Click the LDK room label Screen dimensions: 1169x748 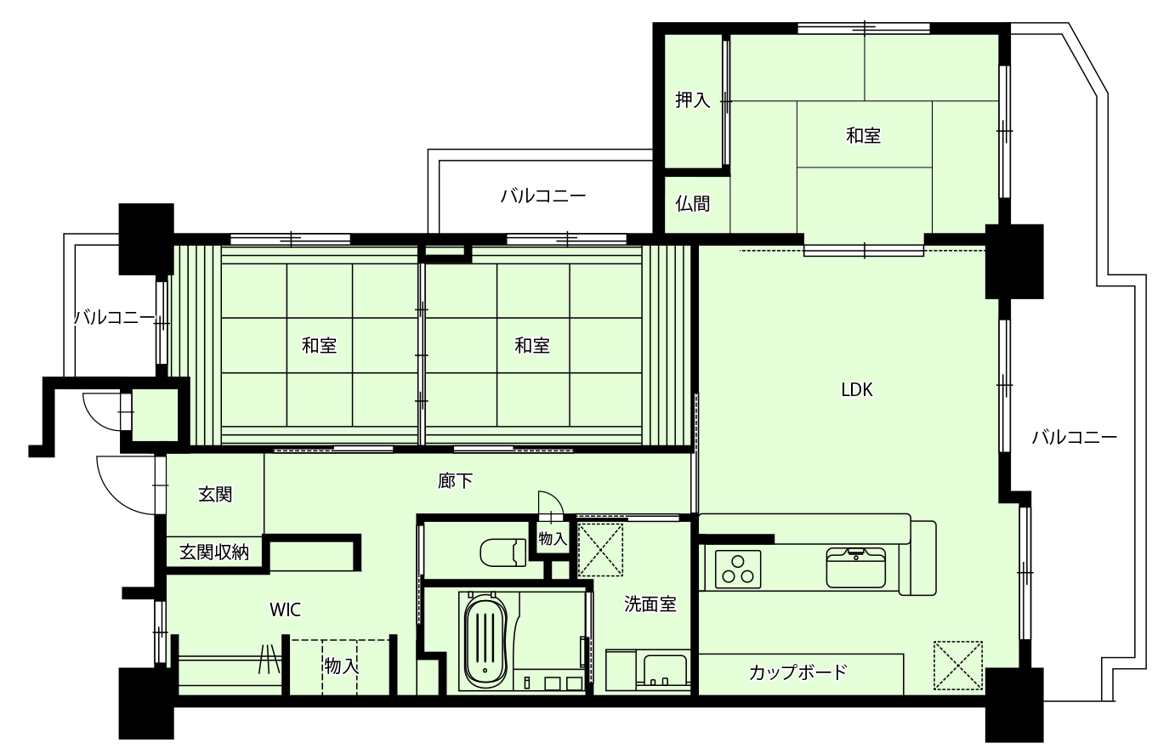tap(856, 389)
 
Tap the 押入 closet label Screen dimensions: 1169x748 tap(693, 99)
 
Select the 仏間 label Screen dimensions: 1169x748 tap(693, 203)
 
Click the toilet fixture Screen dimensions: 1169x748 tap(503, 552)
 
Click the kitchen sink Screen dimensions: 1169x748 tap(856, 567)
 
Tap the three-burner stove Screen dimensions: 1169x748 tap(737, 569)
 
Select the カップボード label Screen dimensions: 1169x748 tap(797, 672)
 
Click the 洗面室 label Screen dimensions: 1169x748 tap(650, 604)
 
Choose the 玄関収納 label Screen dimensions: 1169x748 tap(214, 552)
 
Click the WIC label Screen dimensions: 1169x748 tap(285, 609)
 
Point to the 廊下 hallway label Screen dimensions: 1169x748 tap(455, 481)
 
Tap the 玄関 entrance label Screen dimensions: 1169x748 tap(215, 495)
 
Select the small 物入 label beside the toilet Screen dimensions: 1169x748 tap(553, 539)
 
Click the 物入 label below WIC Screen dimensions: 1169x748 tap(341, 666)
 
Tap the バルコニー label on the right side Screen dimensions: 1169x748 tap(1074, 437)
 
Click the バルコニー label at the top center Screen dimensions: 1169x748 tap(542, 196)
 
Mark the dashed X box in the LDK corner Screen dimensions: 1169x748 tap(958, 666)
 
